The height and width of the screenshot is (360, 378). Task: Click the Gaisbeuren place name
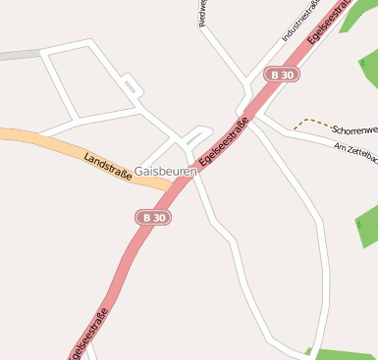165,171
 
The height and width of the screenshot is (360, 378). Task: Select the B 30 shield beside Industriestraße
283,75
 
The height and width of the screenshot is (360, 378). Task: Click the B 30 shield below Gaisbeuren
154,217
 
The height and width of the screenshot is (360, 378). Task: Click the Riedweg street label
201,12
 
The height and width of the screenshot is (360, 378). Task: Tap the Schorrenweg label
354,129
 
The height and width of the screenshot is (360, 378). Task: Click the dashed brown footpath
312,122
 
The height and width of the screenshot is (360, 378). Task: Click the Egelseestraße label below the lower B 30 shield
88,334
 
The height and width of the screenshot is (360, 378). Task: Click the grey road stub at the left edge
20,55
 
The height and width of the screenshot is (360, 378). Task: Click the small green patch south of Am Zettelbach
365,227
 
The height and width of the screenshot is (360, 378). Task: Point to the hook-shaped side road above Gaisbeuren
196,134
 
